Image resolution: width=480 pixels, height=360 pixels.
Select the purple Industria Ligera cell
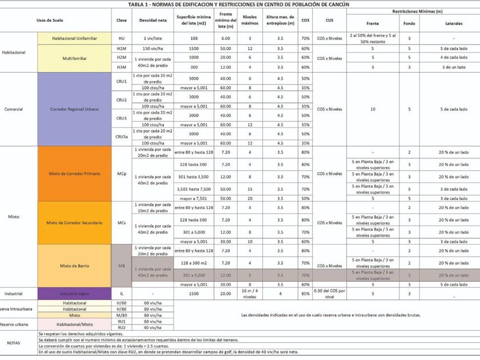click(74, 293)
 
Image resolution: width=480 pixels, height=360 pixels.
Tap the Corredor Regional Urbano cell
click(74, 109)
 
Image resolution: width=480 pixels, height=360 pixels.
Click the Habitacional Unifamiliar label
click(74, 38)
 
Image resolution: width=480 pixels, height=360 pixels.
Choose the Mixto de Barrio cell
click(74, 266)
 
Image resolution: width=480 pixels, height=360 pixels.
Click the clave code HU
click(121, 38)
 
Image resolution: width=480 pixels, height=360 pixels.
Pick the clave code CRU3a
click(121, 137)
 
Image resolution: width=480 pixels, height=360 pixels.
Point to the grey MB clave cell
click(121, 266)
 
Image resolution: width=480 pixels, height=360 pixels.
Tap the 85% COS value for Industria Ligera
click(305, 294)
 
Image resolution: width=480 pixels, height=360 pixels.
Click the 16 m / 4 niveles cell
click(250, 294)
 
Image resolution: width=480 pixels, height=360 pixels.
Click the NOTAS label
click(17, 343)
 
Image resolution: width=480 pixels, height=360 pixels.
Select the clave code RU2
click(121, 327)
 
